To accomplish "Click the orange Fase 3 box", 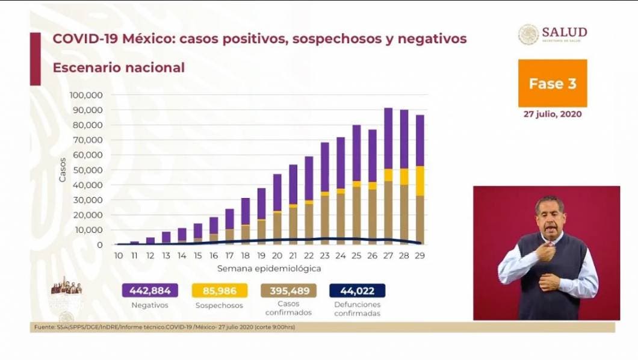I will point(553,84).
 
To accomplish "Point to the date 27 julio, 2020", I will point(553,114).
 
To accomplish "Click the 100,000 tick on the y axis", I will point(86,95).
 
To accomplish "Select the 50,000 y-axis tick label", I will point(88,170).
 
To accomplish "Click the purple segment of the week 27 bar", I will point(388,138).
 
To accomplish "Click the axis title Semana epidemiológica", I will point(269,268).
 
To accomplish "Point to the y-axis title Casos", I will point(62,170).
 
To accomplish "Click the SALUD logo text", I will point(564,33).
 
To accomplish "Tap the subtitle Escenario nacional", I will point(119,67).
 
